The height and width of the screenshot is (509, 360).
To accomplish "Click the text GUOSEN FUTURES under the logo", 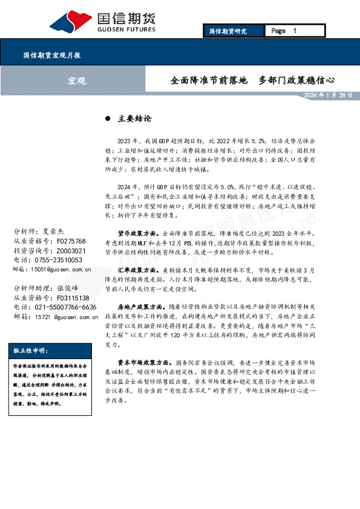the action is tap(126, 29).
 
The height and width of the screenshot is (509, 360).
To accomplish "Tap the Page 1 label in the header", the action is tap(284, 31).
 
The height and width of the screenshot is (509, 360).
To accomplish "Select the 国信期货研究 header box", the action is tap(227, 31).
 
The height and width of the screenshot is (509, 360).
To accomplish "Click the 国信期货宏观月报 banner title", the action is tap(52, 55).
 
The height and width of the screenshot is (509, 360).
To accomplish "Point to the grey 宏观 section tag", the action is tap(76, 80).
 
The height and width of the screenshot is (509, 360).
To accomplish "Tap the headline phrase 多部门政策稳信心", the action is tap(296, 80).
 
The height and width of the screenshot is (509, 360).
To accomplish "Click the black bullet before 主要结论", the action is tap(108, 119).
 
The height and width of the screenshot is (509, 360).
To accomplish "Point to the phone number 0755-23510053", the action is tap(65, 260).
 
